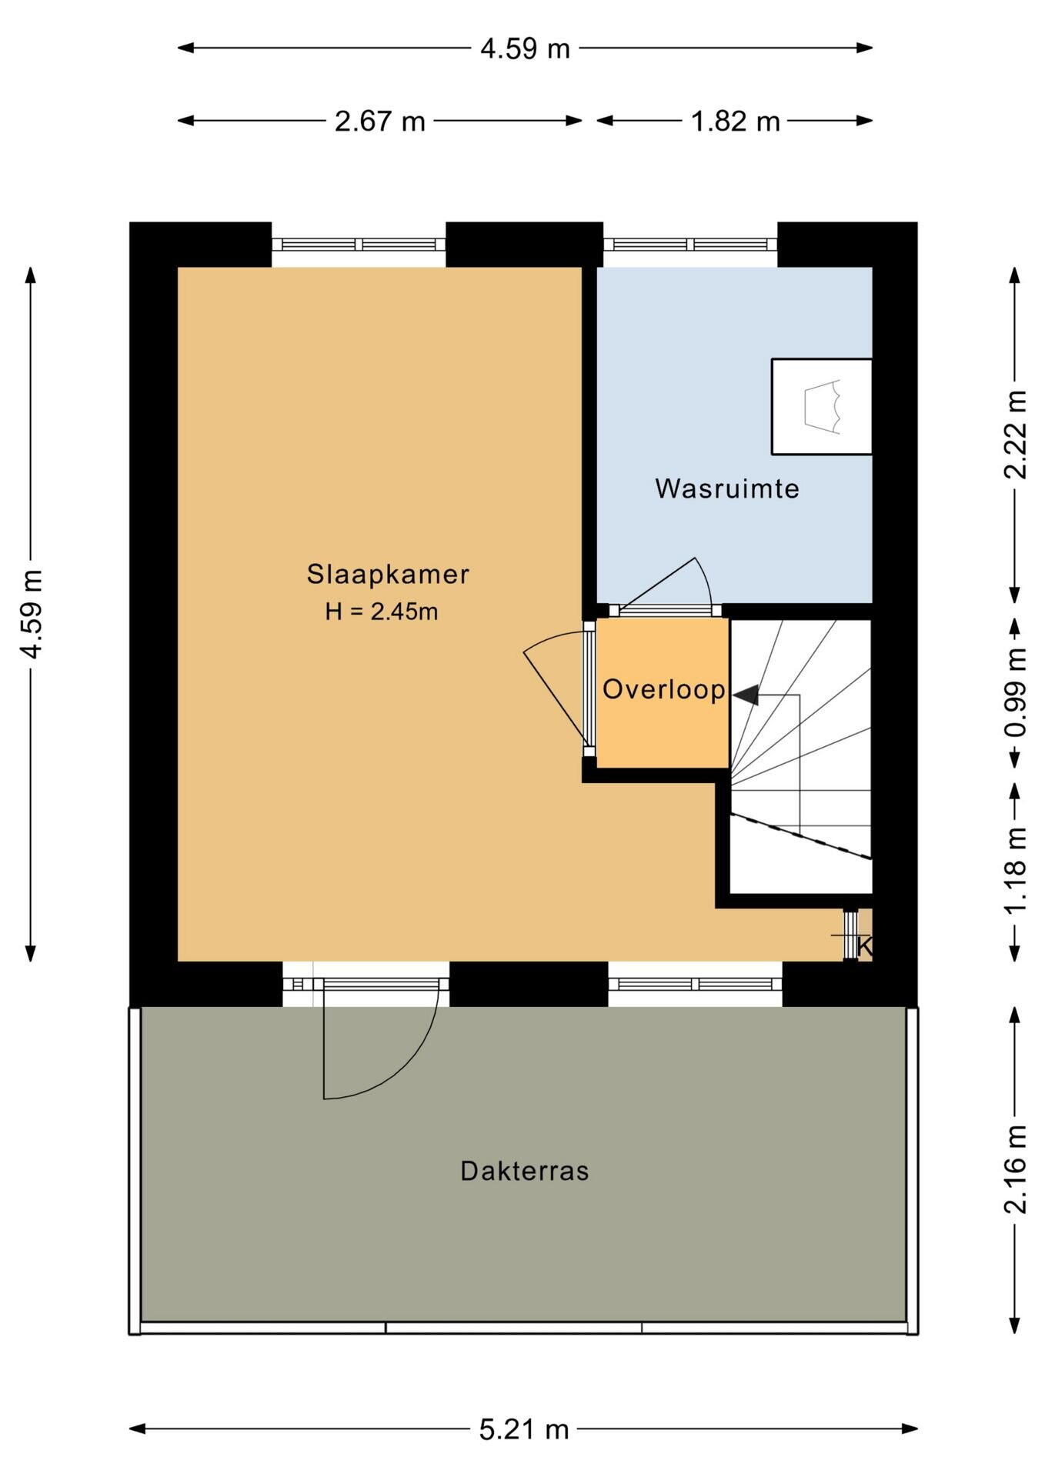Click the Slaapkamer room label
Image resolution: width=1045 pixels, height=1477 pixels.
388,575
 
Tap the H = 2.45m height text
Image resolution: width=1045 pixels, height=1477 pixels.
382,612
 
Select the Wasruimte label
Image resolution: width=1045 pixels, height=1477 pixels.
727,488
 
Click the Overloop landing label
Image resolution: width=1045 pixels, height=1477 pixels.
663,689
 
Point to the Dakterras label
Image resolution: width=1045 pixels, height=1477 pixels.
525,1171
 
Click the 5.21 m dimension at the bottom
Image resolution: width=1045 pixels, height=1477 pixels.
524,1429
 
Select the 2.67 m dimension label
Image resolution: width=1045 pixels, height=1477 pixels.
380,121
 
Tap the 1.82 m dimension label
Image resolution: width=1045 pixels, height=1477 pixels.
735,121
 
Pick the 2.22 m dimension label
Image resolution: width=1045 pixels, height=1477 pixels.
1016,435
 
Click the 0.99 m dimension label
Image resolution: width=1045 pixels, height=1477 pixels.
1016,693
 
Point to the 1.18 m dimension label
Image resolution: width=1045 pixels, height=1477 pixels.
1016,870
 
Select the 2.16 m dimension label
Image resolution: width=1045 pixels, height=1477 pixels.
1016,1169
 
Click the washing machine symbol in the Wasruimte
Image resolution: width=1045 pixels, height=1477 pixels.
822,406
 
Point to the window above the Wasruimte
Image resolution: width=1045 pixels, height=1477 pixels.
690,245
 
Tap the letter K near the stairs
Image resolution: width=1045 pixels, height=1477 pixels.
864,947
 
